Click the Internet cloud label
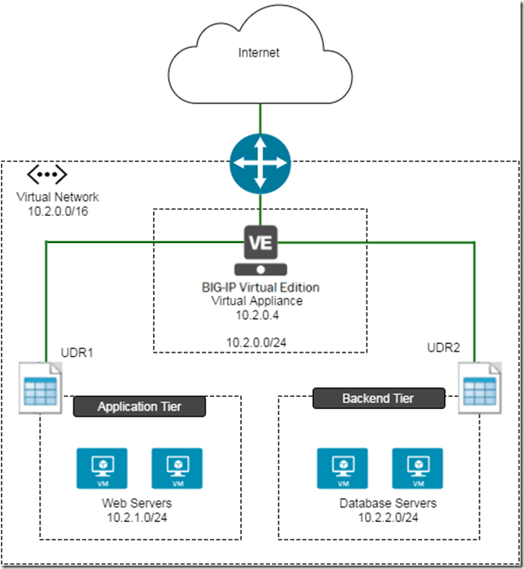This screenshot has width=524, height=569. (260, 53)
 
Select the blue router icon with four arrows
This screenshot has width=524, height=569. (260, 162)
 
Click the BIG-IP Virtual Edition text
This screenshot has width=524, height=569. (260, 287)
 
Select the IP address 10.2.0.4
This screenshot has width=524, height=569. (260, 314)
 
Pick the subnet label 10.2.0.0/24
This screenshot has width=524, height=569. (260, 342)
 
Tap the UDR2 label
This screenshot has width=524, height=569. (444, 347)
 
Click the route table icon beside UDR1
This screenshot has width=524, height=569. (40, 386)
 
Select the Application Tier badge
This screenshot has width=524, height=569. (139, 406)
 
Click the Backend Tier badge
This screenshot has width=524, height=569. (378, 398)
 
